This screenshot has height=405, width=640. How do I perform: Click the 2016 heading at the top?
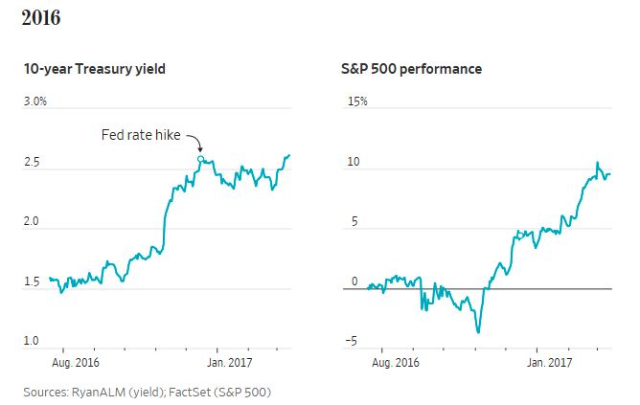[41, 17]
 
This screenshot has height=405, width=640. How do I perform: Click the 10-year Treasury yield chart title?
[94, 69]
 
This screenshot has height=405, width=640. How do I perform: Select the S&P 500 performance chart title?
[411, 69]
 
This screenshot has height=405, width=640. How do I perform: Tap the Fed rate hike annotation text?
[141, 135]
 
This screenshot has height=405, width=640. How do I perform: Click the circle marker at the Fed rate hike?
[200, 159]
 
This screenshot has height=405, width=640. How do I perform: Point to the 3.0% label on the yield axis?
[35, 101]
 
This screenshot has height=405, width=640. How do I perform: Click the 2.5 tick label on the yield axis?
[32, 162]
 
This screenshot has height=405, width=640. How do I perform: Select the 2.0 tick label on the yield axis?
[32, 221]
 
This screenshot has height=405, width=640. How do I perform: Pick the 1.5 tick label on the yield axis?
[32, 281]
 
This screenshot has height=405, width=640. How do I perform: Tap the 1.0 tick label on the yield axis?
[32, 341]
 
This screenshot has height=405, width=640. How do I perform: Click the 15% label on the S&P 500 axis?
[357, 101]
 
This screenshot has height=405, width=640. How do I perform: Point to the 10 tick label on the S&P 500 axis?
[354, 162]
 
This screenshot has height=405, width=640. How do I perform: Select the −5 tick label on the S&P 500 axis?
[351, 341]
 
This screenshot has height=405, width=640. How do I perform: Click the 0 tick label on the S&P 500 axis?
[354, 281]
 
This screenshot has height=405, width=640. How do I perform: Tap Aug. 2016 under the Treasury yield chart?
[76, 362]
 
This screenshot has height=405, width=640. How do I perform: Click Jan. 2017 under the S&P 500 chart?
[549, 362]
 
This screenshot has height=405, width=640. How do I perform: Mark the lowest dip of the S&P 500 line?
[478, 332]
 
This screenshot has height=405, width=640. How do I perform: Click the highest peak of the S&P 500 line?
[597, 163]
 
